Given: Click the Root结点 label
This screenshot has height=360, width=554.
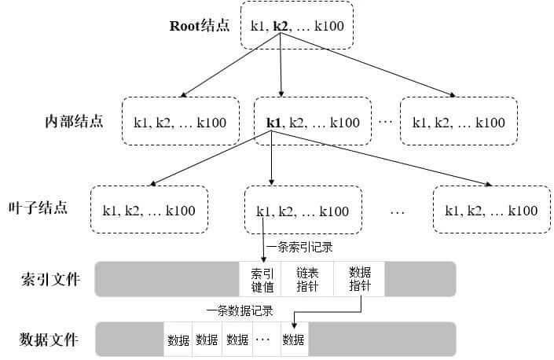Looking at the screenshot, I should (200, 25).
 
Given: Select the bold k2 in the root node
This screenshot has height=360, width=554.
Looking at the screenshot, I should (280, 26).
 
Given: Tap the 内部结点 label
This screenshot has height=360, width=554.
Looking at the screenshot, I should (74, 122).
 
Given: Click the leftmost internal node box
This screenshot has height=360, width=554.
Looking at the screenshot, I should (180, 122).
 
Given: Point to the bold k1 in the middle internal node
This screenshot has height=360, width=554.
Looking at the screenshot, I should (273, 122).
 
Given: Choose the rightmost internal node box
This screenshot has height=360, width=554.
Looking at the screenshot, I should (458, 122).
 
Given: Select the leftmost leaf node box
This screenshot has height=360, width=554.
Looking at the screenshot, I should (149, 210).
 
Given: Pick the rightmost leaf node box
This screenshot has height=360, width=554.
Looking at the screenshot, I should (491, 210).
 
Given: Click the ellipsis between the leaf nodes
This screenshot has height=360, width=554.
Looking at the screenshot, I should (398, 211).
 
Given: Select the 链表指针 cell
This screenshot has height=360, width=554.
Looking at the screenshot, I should (307, 279).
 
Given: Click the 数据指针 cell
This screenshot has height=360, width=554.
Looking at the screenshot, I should (359, 279).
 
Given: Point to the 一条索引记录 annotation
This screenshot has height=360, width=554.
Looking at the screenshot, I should (299, 248).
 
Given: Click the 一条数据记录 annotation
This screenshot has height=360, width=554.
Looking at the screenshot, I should (240, 310).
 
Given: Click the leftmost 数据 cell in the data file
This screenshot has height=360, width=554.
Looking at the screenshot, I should (178, 340).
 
